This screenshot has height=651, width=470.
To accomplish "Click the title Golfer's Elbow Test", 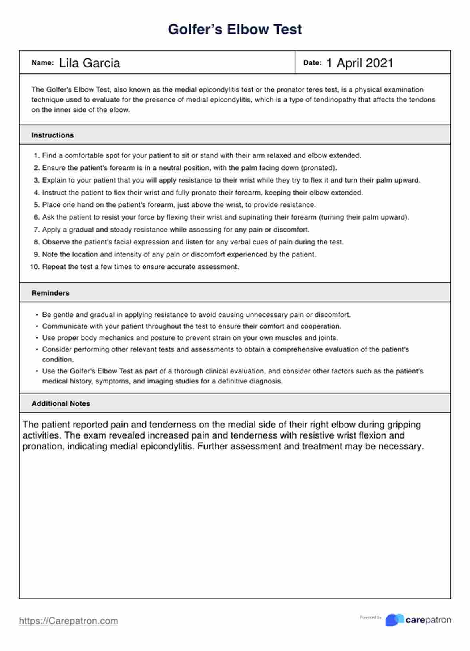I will pyautogui.click(x=235, y=29).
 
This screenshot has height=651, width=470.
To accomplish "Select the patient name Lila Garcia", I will pyautogui.click(x=90, y=63).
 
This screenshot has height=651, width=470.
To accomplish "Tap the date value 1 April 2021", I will pyautogui.click(x=360, y=63).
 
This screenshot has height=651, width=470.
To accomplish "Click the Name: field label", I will pyautogui.click(x=42, y=63).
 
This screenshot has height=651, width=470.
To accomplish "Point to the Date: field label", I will pyautogui.click(x=312, y=63).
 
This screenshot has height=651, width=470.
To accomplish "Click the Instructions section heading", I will pyautogui.click(x=52, y=135).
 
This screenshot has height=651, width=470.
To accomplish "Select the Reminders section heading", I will pyautogui.click(x=50, y=293).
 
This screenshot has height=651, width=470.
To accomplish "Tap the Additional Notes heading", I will pyautogui.click(x=61, y=404).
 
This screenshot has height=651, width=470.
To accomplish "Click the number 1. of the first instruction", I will pyautogui.click(x=37, y=155).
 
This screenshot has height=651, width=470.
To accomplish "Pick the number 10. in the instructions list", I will pyautogui.click(x=35, y=267).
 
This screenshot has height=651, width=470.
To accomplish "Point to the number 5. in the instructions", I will pyautogui.click(x=37, y=205).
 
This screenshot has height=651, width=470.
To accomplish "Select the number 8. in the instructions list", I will pyautogui.click(x=37, y=242).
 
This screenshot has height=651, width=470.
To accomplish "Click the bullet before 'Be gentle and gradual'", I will pyautogui.click(x=37, y=315).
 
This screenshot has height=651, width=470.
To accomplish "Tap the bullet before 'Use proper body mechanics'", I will pyautogui.click(x=37, y=338).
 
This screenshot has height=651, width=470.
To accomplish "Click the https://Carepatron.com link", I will pyautogui.click(x=68, y=621).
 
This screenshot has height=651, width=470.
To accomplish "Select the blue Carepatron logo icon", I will pyautogui.click(x=394, y=620).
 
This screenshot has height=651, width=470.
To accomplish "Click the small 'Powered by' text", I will pyautogui.click(x=370, y=617).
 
